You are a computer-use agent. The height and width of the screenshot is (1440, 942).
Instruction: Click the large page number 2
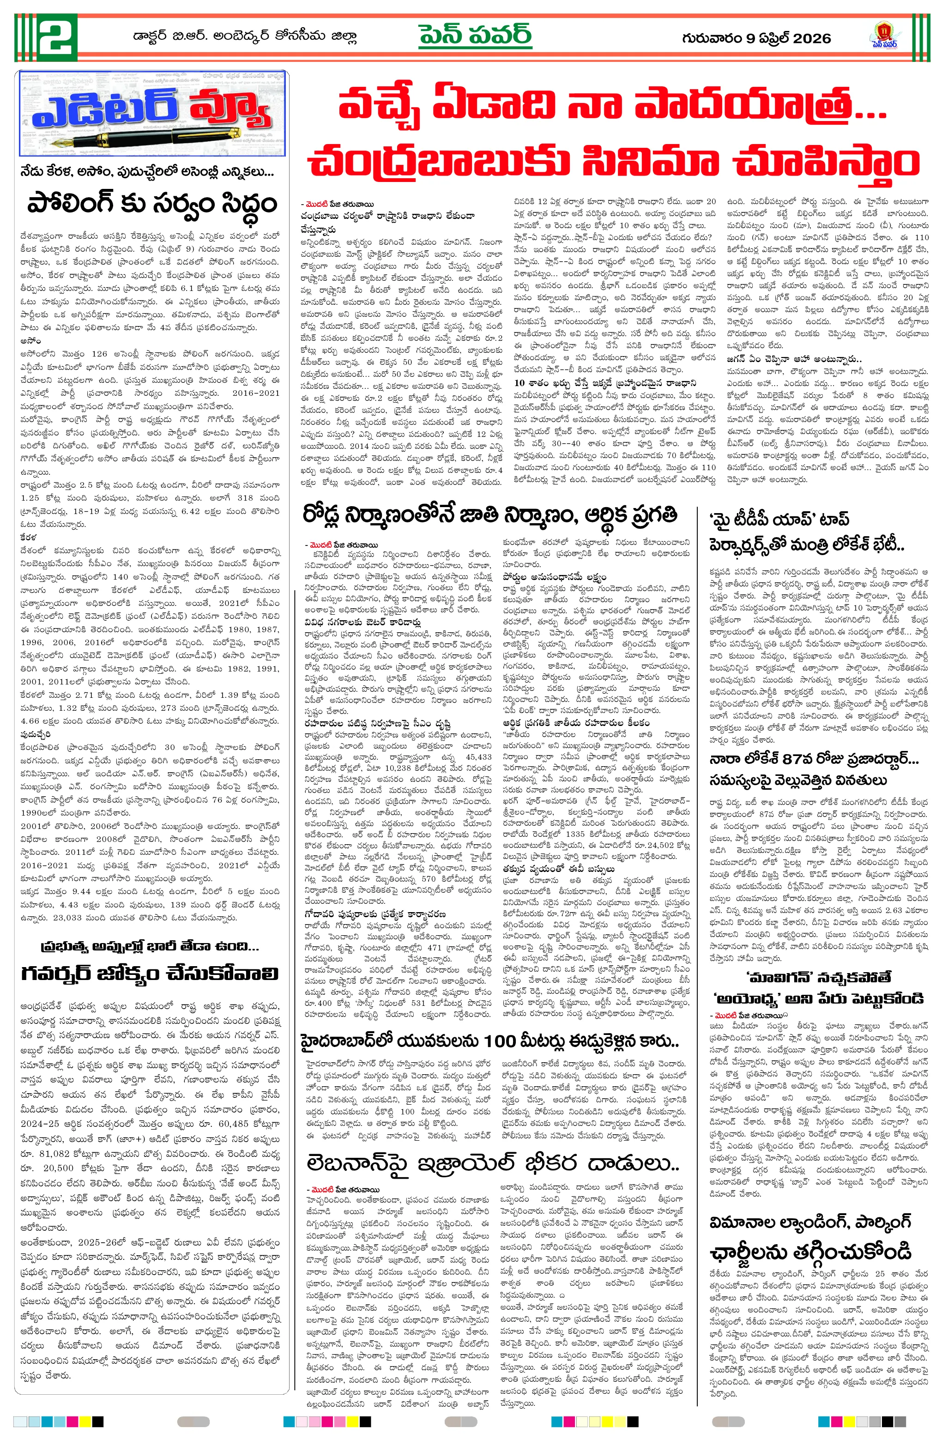[57, 37]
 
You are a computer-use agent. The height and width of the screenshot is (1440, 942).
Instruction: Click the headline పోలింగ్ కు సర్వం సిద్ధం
[152, 205]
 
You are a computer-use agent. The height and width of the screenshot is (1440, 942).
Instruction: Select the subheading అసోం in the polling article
[30, 341]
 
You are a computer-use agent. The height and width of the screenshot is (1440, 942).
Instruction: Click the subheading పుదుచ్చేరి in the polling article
[35, 734]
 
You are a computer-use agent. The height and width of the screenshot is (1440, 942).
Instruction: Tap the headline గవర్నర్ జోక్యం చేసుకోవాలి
[150, 974]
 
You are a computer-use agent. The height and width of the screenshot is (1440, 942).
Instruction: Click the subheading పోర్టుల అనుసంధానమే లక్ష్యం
[554, 577]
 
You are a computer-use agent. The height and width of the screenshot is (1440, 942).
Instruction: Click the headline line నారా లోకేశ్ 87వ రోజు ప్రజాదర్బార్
[814, 759]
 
